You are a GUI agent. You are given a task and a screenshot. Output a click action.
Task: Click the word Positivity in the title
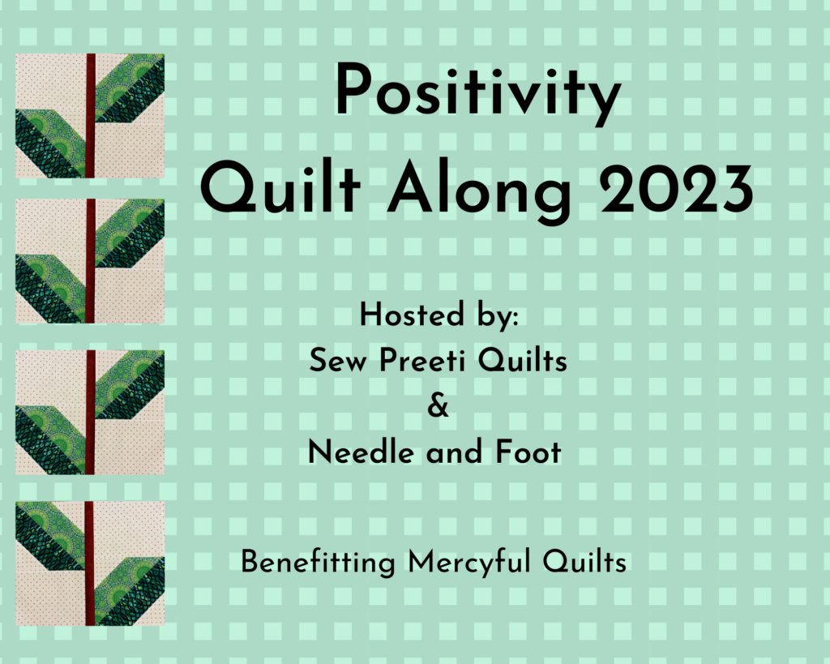pos(478,93)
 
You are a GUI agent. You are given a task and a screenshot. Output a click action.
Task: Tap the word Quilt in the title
pos(280,188)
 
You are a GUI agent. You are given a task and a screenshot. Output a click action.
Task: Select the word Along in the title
pos(480,192)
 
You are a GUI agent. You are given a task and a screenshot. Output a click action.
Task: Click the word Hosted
pos(412,315)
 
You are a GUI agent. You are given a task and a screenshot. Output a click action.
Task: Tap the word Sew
pos(337,361)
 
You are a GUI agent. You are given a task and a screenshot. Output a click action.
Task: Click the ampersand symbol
pos(438,406)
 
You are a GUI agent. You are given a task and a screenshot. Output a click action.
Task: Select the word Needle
pos(361,452)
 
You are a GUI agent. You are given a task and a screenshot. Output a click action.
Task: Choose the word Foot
pos(528,452)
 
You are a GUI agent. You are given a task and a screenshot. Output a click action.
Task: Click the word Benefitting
pos(318,563)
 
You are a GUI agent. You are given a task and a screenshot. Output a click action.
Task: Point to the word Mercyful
pos(468,563)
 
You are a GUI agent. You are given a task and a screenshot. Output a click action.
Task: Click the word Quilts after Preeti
pos(523,360)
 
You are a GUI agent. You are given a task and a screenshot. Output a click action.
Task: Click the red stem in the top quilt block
pos(91,115)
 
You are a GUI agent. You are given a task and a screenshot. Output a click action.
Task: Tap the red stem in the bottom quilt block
pos(89,563)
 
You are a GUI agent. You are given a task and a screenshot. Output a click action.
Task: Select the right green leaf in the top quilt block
pos(130,88)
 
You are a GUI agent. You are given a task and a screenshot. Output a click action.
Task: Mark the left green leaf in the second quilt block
pos(51,289)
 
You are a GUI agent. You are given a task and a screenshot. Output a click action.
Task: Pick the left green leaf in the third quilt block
pos(51,439)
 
